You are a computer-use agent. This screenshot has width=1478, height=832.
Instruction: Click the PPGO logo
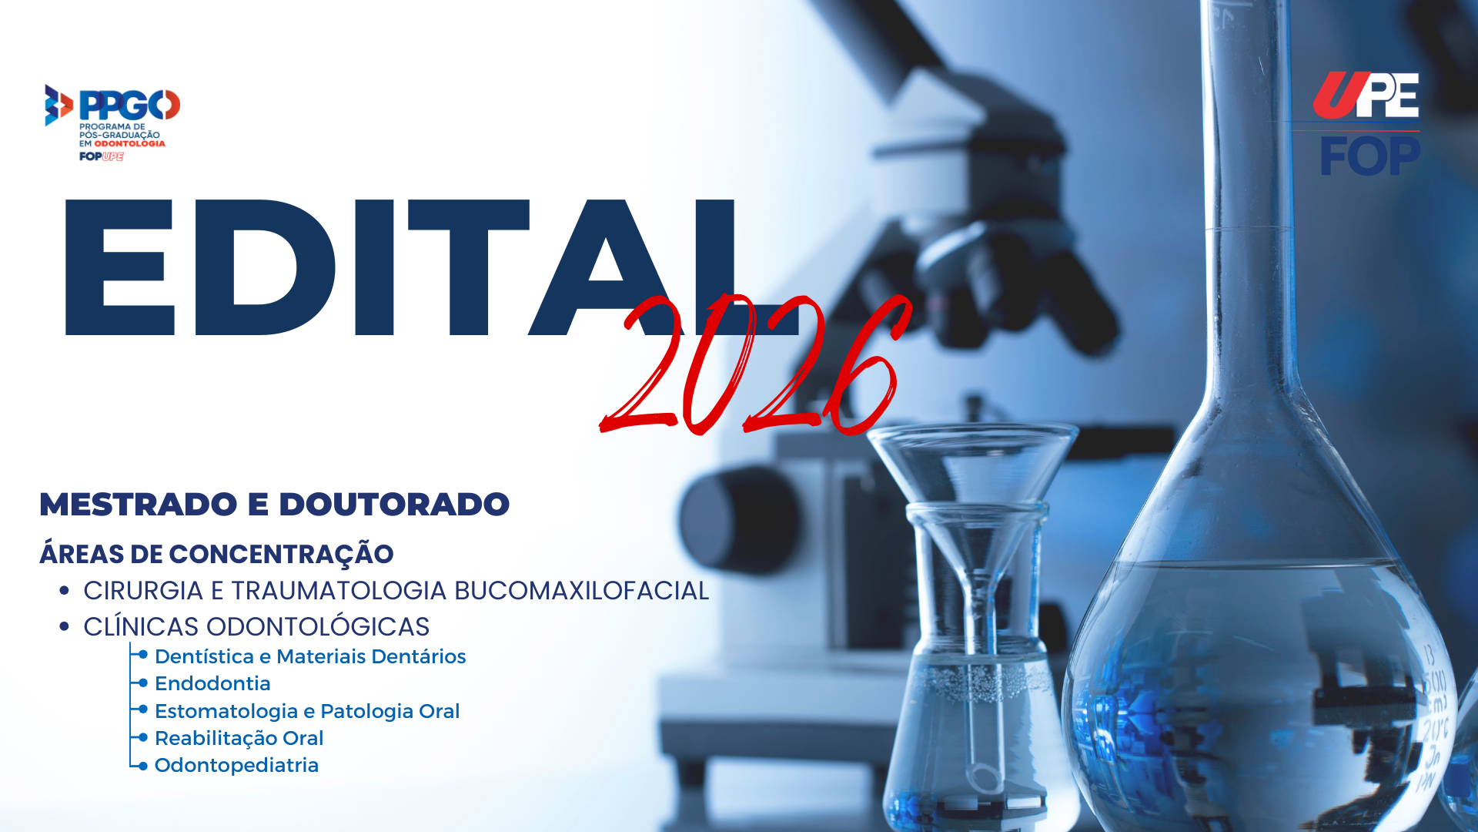(x=112, y=122)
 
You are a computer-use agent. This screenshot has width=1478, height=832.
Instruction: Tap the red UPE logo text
(x=1366, y=96)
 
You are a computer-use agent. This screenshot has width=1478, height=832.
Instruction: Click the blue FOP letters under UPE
(x=1369, y=156)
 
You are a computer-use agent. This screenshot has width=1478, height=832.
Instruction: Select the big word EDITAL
(x=400, y=267)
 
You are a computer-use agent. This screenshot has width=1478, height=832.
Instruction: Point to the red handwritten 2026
(x=754, y=364)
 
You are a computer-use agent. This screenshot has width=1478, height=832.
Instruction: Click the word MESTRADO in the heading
(x=139, y=505)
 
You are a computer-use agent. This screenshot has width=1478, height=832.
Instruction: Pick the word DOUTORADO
(x=394, y=505)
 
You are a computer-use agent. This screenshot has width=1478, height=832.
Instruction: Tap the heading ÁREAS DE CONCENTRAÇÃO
(x=216, y=554)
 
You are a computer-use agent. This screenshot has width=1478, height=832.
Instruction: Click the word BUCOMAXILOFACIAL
(x=581, y=591)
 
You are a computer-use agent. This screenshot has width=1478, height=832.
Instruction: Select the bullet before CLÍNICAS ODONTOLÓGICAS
(x=65, y=627)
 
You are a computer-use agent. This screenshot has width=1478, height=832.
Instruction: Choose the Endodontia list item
(x=212, y=683)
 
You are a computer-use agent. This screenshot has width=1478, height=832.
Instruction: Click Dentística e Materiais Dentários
(x=310, y=656)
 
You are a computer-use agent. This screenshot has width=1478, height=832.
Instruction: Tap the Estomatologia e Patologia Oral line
(x=307, y=711)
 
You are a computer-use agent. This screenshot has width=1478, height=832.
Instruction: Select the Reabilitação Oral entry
(x=239, y=738)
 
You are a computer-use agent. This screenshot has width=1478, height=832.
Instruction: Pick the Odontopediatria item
(x=236, y=765)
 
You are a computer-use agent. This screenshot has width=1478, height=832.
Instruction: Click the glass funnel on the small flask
(x=971, y=462)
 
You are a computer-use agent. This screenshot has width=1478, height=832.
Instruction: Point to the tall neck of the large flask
(x=1245, y=193)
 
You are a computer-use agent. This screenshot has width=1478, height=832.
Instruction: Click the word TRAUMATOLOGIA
(x=339, y=591)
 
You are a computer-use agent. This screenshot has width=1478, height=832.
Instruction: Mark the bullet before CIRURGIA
(x=65, y=591)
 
